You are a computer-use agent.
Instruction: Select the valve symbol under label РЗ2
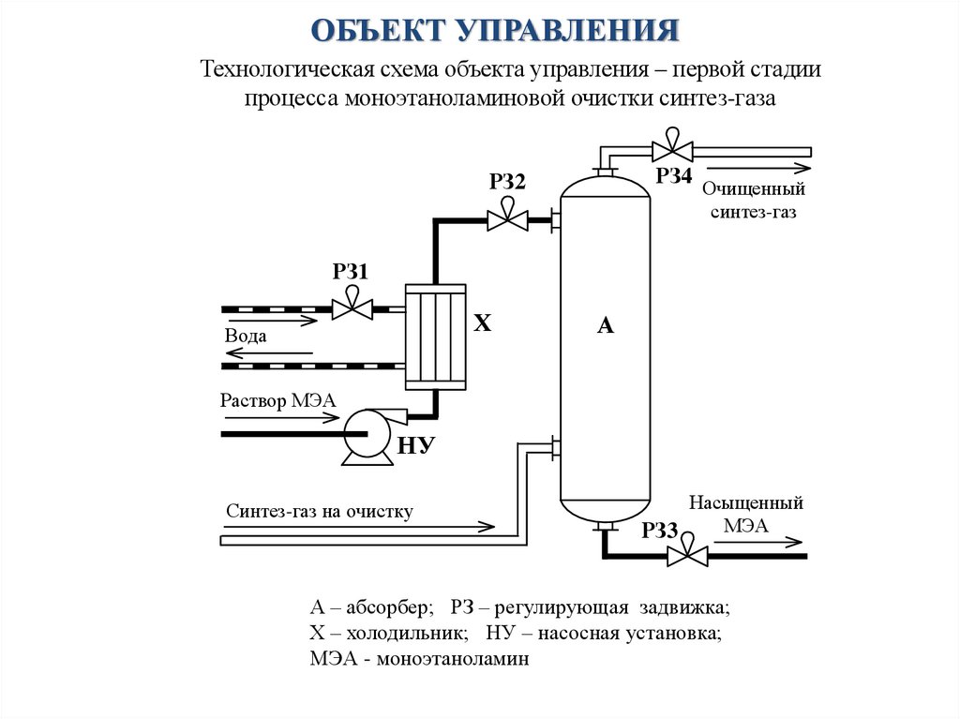click(506, 220)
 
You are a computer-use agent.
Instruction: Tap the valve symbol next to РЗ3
click(687, 555)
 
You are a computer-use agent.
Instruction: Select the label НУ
click(419, 445)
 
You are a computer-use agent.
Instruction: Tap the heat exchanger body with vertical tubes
click(435, 336)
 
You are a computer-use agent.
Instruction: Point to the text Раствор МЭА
click(271, 400)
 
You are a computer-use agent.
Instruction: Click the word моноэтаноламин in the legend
click(454, 659)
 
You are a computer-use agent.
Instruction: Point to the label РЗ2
click(507, 182)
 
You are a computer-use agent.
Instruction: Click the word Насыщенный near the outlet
click(746, 503)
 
